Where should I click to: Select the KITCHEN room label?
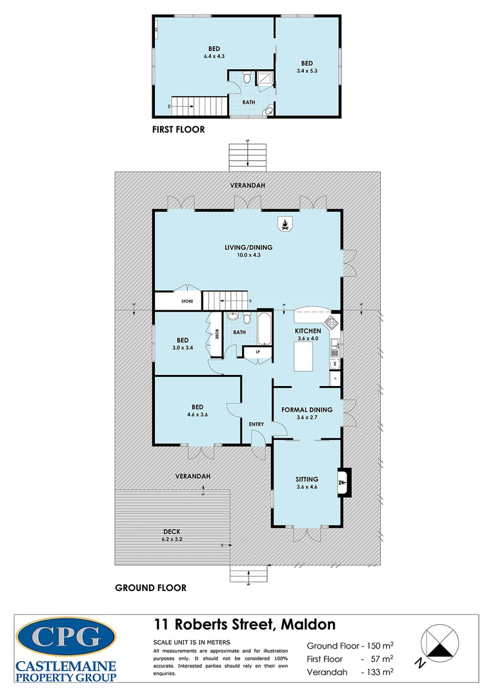point(308,331)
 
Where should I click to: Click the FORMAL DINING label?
point(307,410)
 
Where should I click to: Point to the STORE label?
point(187,301)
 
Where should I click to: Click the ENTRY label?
point(256,424)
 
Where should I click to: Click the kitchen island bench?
point(307,356)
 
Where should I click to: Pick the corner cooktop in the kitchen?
point(332,321)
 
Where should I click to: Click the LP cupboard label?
point(257,352)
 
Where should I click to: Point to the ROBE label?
point(217,334)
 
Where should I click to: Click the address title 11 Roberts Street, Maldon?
point(245,625)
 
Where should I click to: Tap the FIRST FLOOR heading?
point(178,130)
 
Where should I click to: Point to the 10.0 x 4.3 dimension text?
point(248,255)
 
